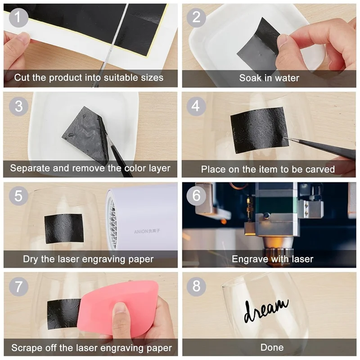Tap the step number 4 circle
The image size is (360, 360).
[x=197, y=106]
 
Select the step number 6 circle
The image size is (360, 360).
[x=197, y=196]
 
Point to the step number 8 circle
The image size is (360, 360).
[x=197, y=286]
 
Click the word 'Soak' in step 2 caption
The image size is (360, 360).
[x=250, y=78]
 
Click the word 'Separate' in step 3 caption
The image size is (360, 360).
[x=29, y=168]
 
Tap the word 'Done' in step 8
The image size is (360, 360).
[x=272, y=347]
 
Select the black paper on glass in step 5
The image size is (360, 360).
[x=63, y=228]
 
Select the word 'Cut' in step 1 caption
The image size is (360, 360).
[x=21, y=77]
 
